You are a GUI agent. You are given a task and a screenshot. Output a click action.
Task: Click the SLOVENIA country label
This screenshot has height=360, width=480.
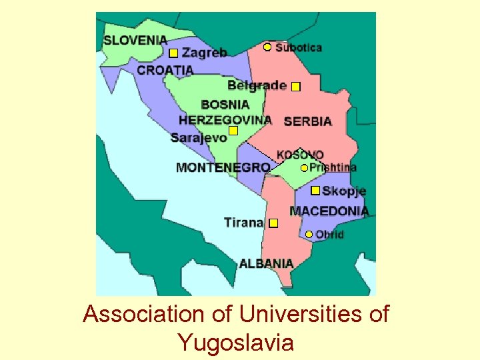135,40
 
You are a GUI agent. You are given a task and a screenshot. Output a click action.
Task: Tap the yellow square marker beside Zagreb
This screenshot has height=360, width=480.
173,53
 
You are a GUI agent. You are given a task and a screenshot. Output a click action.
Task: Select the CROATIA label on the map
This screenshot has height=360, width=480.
165,69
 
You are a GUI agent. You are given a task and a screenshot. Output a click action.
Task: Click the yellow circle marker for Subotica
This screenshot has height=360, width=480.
267,47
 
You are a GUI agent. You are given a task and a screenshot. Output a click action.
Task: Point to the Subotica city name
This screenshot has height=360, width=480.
299,47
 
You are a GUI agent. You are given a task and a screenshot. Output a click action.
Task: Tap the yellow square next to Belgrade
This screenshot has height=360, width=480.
296,86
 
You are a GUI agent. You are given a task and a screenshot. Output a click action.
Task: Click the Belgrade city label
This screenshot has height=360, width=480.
257,85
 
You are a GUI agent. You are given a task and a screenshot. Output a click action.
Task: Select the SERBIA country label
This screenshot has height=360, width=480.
307,121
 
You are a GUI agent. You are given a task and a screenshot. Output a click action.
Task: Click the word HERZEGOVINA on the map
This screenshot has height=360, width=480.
225,120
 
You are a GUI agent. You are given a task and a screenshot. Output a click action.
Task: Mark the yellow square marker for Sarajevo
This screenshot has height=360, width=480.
233,131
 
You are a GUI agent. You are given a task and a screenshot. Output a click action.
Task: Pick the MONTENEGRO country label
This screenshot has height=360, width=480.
223,167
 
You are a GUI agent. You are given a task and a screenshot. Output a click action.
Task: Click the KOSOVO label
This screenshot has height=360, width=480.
300,155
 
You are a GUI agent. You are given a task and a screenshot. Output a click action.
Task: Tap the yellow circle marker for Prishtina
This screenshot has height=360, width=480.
304,168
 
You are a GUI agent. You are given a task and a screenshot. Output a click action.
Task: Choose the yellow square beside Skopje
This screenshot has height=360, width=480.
315,191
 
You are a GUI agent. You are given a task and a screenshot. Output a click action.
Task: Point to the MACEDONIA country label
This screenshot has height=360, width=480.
329,211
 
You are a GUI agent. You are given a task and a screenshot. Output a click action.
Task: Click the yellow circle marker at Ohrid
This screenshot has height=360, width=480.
309,234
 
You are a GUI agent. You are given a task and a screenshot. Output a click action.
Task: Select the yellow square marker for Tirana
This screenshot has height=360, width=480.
273,223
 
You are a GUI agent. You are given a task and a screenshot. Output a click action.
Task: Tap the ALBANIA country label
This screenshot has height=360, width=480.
266,263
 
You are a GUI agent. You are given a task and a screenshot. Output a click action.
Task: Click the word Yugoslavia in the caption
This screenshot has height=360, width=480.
235,343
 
